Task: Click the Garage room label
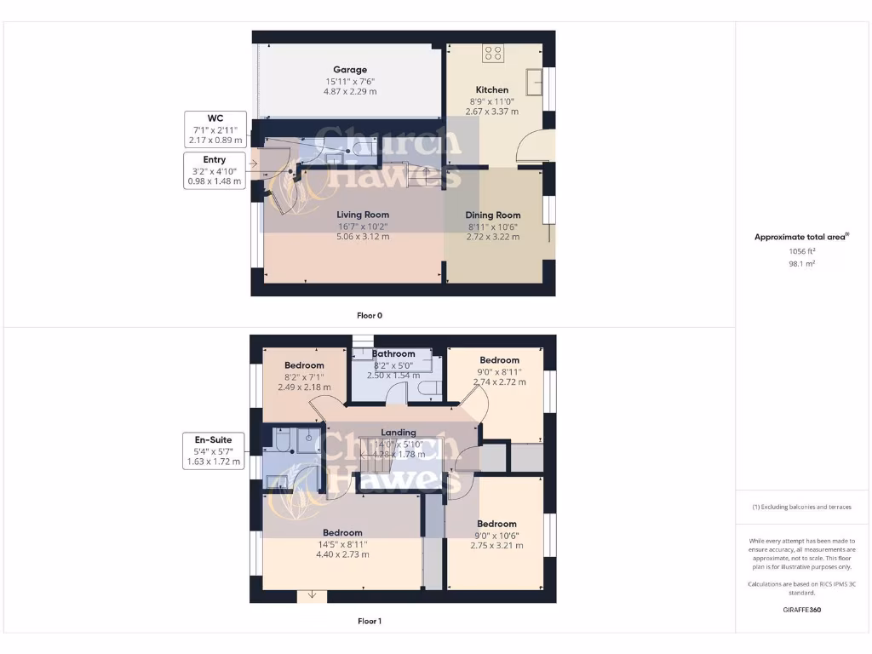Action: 350,70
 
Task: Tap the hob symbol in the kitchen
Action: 493,54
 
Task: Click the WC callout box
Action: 215,129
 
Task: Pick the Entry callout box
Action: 215,170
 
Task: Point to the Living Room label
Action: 363,215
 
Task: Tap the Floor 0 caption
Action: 370,315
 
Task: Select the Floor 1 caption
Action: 370,621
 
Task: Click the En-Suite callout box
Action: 215,450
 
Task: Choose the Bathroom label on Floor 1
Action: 393,354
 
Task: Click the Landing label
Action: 399,433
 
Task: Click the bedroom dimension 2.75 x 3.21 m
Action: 496,546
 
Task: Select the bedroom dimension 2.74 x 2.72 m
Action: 499,382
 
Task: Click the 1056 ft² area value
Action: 801,251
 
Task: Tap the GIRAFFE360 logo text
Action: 801,610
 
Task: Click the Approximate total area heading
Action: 801,238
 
